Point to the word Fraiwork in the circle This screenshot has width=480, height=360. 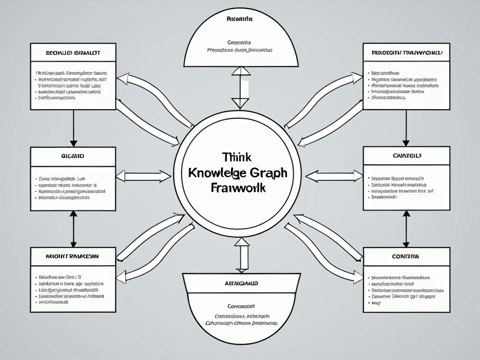(x=239, y=188)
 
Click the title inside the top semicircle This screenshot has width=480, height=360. (x=240, y=20)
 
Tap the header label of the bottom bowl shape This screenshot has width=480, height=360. (x=240, y=284)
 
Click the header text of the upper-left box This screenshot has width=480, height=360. (x=73, y=52)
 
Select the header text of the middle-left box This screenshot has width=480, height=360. (x=73, y=155)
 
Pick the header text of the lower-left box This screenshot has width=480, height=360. (x=73, y=257)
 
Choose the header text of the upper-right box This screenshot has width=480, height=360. (x=406, y=52)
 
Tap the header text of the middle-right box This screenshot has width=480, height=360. (x=406, y=155)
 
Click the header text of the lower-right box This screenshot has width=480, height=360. (x=406, y=257)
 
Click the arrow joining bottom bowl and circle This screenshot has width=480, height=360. (x=242, y=255)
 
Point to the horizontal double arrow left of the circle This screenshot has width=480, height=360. (x=143, y=176)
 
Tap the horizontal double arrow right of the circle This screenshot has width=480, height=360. (x=334, y=176)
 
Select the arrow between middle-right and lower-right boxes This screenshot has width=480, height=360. (x=406, y=228)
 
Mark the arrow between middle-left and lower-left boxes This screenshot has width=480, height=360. (x=73, y=228)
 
